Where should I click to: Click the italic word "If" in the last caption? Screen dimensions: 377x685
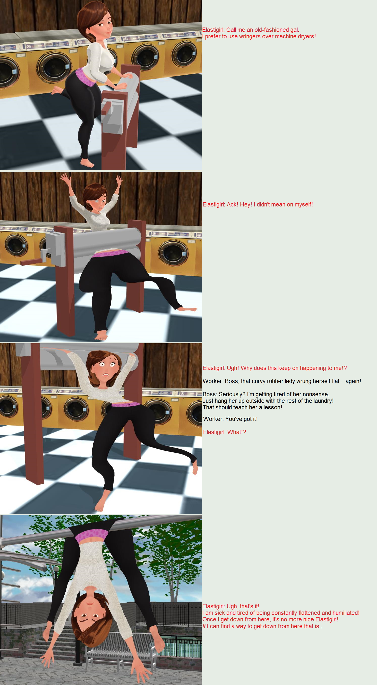pos(204,626)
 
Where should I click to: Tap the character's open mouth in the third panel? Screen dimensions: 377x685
pos(107,375)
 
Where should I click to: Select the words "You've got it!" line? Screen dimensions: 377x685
pos(241,419)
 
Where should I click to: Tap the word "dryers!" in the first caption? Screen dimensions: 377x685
pos(307,36)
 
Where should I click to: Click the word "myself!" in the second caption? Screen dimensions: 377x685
pos(304,204)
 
